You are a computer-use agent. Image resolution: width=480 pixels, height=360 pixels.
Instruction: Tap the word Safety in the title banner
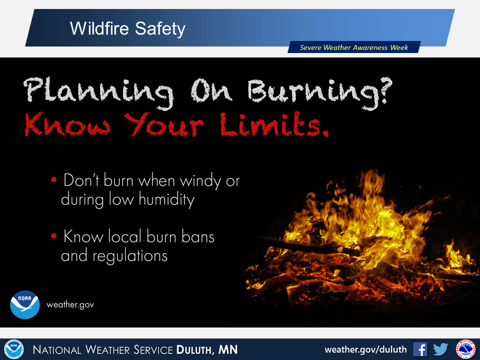(160, 29)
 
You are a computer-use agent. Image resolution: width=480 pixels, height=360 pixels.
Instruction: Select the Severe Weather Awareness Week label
(354, 47)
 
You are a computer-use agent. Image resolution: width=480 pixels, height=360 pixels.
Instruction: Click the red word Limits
(274, 124)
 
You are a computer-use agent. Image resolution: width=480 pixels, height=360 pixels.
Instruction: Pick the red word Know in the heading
(67, 124)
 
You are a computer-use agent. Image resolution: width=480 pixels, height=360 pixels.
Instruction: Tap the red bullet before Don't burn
(54, 179)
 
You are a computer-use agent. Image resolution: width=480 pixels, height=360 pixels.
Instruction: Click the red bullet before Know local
(54, 235)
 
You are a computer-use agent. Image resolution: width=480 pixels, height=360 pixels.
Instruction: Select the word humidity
(166, 199)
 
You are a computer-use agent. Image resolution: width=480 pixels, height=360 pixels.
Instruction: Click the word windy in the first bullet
(200, 180)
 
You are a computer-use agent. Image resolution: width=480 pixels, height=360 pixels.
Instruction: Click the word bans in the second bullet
(198, 236)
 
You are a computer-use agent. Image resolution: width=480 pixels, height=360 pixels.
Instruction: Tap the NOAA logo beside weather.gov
(25, 304)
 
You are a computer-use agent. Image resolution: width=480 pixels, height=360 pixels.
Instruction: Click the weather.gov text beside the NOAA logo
(70, 305)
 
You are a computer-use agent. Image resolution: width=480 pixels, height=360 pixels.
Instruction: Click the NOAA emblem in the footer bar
(14, 349)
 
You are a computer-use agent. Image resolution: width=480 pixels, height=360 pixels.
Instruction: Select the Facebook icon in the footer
(420, 349)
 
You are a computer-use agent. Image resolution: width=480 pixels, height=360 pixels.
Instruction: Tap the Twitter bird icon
(440, 349)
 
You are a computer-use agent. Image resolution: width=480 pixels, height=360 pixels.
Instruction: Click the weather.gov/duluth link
(365, 349)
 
